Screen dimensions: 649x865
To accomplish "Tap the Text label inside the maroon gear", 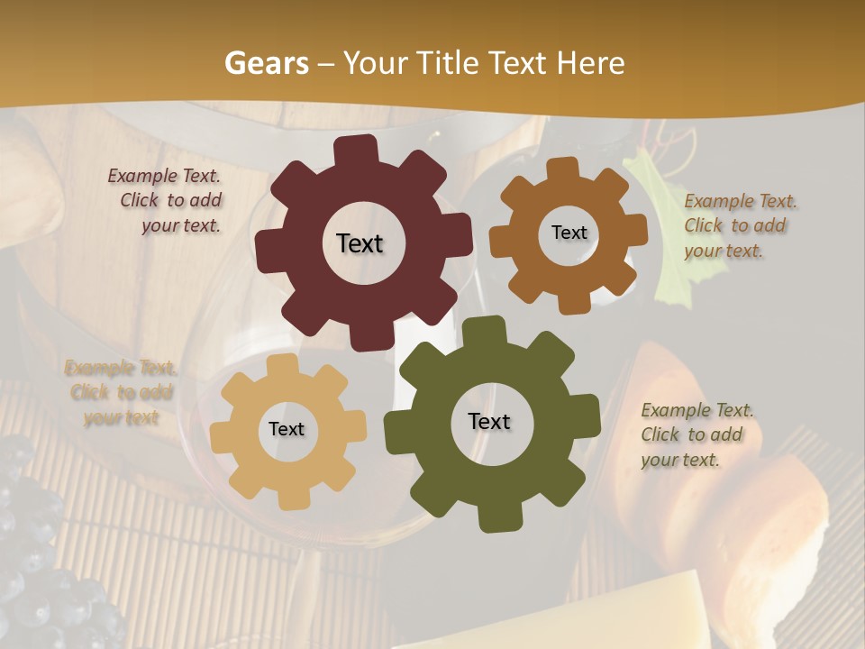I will click(x=360, y=243).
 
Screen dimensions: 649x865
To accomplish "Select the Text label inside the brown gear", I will click(x=569, y=233).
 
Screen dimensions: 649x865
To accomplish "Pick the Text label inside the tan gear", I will click(x=287, y=430).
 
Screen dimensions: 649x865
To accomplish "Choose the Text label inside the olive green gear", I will click(x=489, y=422).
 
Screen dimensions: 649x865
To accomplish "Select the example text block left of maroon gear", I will click(x=166, y=201).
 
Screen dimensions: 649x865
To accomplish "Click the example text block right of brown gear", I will click(x=740, y=226).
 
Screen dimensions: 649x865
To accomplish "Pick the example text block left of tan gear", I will click(x=121, y=392).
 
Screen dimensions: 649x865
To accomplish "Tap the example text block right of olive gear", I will click(x=697, y=435).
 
